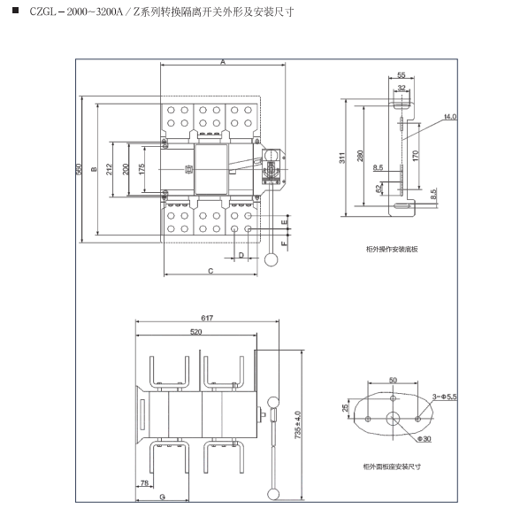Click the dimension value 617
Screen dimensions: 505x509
point(207,318)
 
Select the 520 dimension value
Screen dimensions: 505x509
point(196,332)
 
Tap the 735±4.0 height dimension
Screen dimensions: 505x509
point(298,425)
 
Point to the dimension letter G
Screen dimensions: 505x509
point(163,497)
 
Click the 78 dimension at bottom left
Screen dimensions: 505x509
point(145,482)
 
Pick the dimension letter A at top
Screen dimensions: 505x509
point(223,62)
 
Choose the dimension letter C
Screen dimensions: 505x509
point(210,271)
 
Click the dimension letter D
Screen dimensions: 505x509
point(241,255)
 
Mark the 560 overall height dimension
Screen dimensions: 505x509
point(79,169)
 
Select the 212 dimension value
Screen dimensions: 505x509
point(109,169)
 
